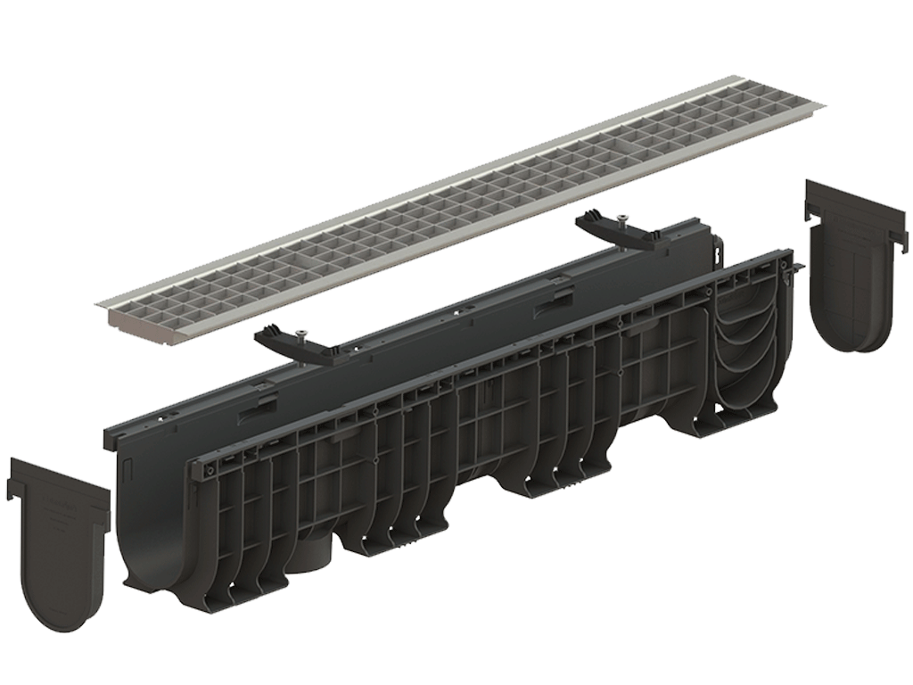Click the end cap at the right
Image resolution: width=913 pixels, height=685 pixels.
point(851,268)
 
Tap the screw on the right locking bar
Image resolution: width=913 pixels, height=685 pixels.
point(621,217)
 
